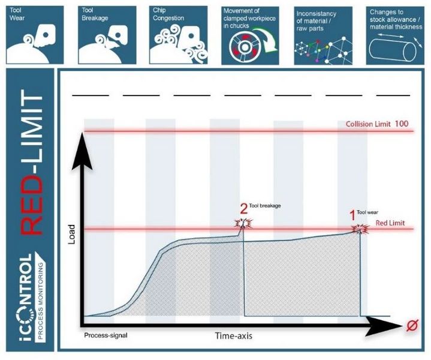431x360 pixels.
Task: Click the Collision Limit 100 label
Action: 377,124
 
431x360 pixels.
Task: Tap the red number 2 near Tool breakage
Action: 243,209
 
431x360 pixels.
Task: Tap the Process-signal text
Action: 106,335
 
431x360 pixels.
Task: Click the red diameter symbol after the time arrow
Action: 412,326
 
